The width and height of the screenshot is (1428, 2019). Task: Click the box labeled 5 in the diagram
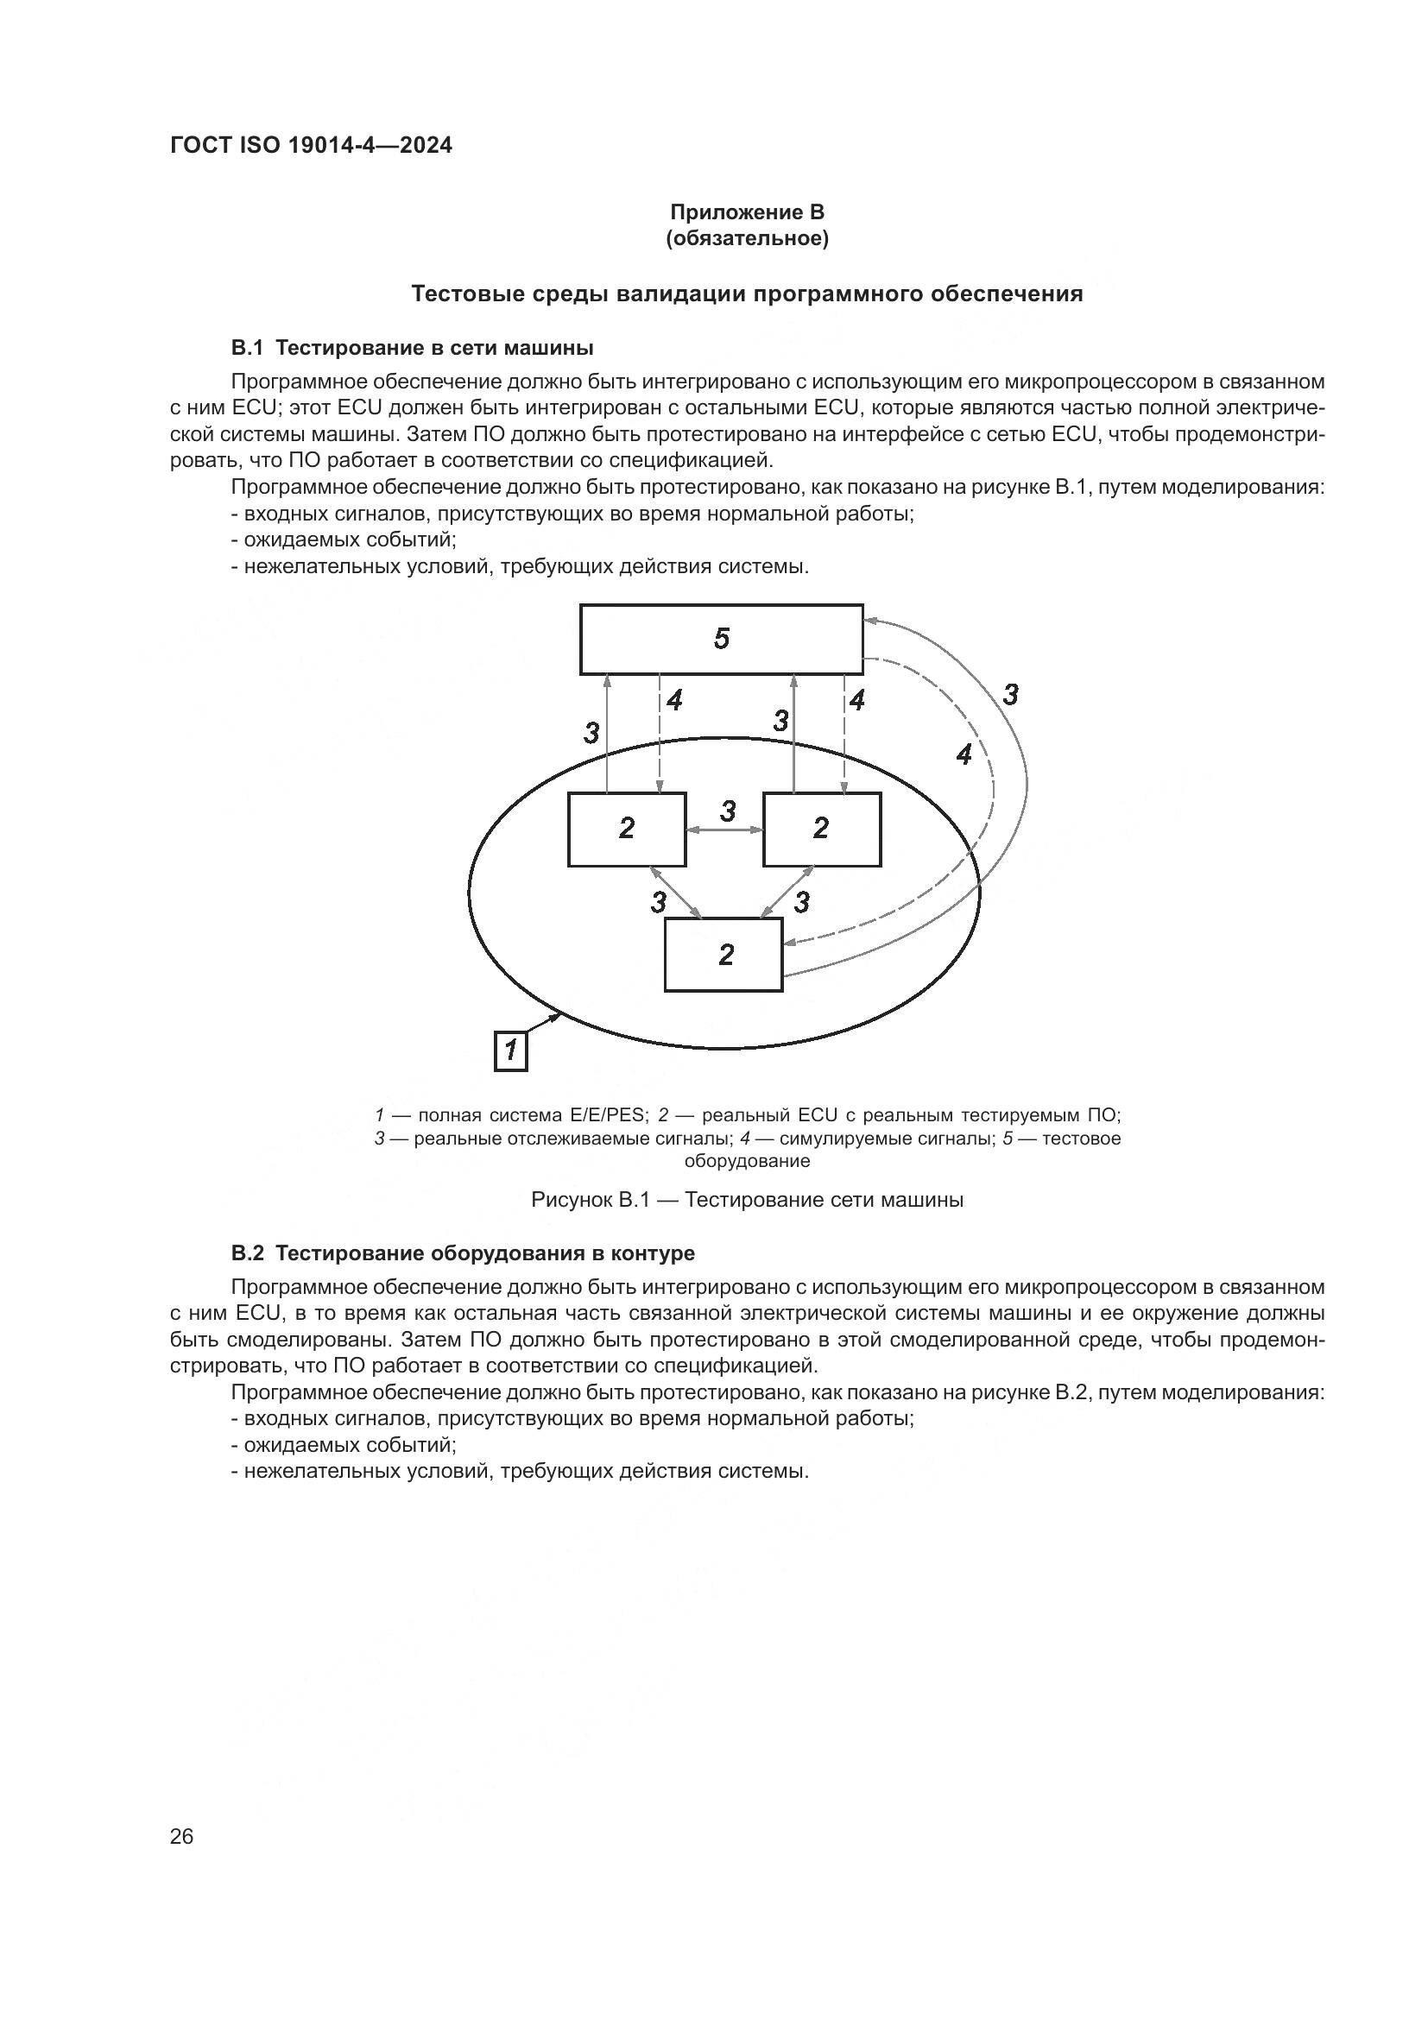(721, 640)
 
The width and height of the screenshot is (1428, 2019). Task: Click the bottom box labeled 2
(723, 955)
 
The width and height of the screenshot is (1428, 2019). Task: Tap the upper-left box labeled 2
(626, 830)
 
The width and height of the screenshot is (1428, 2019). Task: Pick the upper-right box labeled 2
(821, 830)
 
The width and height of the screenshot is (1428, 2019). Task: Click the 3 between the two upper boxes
(727, 811)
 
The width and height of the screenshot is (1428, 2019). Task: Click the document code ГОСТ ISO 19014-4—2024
(312, 146)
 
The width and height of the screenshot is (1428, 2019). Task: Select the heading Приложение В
(747, 212)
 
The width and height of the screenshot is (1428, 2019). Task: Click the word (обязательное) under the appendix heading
(747, 239)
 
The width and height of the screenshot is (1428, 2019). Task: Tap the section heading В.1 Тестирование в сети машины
(412, 348)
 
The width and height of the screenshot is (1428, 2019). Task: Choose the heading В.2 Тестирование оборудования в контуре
(463, 1253)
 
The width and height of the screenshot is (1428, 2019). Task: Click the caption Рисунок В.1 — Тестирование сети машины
(747, 1201)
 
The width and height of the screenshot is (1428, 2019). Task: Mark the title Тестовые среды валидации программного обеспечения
(747, 294)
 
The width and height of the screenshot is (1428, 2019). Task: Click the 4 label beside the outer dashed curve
(964, 754)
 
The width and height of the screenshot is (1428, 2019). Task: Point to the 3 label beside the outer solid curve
(1010, 695)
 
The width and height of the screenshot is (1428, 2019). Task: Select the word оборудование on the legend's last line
(747, 1161)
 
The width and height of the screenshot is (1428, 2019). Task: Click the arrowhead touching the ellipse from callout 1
(558, 1018)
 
